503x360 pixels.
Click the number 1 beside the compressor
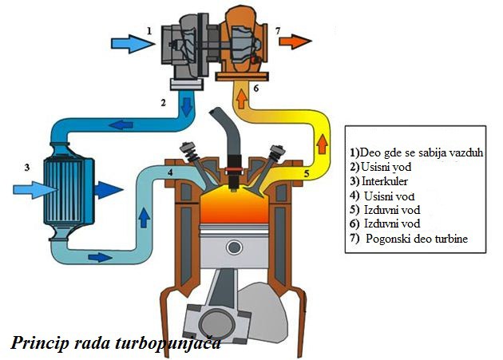click(x=149, y=31)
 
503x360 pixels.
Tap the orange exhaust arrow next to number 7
click(x=295, y=42)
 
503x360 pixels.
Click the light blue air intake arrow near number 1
click(x=133, y=44)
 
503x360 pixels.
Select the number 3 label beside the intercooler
click(x=27, y=167)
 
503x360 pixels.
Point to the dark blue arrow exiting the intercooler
click(x=109, y=190)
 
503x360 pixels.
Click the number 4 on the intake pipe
click(x=170, y=172)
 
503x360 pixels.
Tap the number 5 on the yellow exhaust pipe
click(x=307, y=174)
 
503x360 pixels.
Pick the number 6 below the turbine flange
click(x=256, y=88)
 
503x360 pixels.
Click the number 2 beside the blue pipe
click(x=164, y=103)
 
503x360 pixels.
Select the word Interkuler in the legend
click(x=385, y=181)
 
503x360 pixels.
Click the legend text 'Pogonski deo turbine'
click(x=417, y=239)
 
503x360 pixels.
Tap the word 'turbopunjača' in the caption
click(x=168, y=343)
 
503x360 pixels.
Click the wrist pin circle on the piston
click(x=234, y=247)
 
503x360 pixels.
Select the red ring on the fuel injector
click(x=234, y=168)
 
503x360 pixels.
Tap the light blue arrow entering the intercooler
click(x=35, y=190)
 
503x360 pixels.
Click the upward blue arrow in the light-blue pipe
click(x=144, y=218)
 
